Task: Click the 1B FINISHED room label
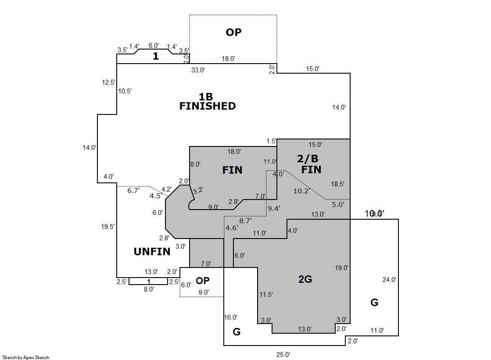tap(207, 101)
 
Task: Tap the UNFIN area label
tap(152, 252)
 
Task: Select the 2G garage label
tap(305, 279)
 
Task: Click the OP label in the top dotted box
tap(233, 32)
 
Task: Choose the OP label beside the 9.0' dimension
tap(203, 281)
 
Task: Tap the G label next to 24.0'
tap(374, 303)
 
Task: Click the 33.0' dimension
tap(198, 70)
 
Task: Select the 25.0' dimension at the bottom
tap(283, 354)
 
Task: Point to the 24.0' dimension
tap(389, 280)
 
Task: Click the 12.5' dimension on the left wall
tap(108, 82)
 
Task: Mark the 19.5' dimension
tap(108, 227)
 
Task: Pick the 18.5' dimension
tap(338, 184)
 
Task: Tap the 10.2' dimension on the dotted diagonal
tap(302, 191)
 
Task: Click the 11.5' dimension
tap(266, 295)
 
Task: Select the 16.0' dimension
tap(231, 317)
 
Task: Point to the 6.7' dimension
tap(133, 191)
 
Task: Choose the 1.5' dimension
tap(271, 141)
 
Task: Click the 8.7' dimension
tap(245, 221)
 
